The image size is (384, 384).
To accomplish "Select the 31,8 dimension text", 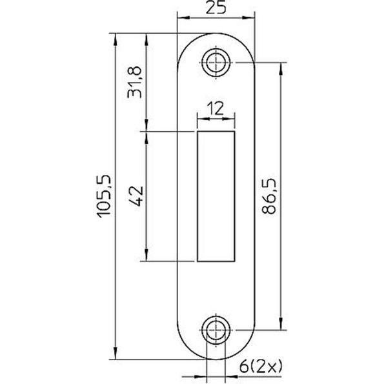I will [x=134, y=81].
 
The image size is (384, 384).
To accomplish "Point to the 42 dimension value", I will [x=134, y=196].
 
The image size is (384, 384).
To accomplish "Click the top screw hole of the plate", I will [x=216, y=63].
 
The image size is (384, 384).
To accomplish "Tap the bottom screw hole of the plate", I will [x=216, y=330].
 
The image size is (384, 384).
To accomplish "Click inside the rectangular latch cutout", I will [x=216, y=196].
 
